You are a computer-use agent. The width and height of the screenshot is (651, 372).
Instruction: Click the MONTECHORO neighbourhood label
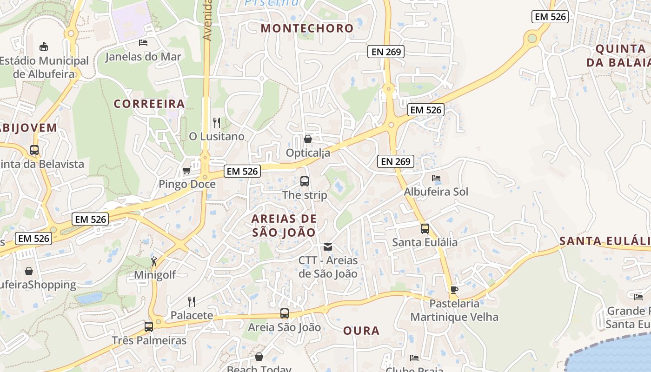point(307,28)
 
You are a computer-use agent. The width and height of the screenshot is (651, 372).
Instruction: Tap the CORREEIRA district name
point(149,104)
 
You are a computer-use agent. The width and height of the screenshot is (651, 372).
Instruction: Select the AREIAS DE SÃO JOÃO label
point(284,226)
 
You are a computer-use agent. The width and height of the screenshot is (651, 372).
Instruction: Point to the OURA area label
point(361,331)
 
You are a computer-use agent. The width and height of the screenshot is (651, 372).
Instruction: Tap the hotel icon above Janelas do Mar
point(143,43)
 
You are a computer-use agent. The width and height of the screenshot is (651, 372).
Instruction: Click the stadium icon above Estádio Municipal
point(44,46)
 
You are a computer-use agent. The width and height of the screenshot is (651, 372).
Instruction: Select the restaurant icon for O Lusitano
point(216,122)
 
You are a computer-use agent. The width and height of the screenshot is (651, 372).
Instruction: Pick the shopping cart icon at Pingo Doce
point(187,171)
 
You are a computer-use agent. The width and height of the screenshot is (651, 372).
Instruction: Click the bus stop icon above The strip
point(305,181)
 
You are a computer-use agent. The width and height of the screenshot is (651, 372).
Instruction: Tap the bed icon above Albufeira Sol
point(436,178)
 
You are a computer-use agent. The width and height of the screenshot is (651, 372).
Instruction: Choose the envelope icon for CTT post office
point(328,246)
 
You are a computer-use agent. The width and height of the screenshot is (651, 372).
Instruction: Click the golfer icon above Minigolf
point(154,261)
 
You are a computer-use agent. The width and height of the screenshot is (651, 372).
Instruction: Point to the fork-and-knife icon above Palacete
point(191,301)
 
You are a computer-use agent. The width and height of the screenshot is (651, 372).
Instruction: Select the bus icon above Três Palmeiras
point(149,326)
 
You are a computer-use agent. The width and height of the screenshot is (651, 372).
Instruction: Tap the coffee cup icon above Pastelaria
point(454,290)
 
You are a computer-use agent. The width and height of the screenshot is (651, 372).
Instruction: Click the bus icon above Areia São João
point(284,313)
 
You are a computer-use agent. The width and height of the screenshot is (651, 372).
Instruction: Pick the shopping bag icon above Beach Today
point(259,357)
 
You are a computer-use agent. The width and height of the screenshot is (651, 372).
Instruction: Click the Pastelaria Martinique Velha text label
point(454,310)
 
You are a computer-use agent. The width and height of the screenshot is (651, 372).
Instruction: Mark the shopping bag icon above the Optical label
point(307,139)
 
